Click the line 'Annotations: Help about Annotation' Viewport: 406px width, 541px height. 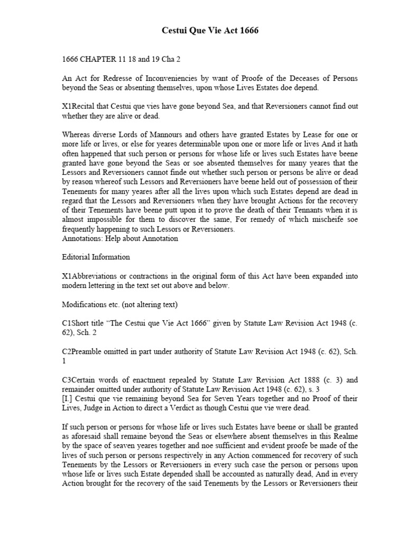120,238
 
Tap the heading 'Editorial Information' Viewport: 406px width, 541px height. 96,257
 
